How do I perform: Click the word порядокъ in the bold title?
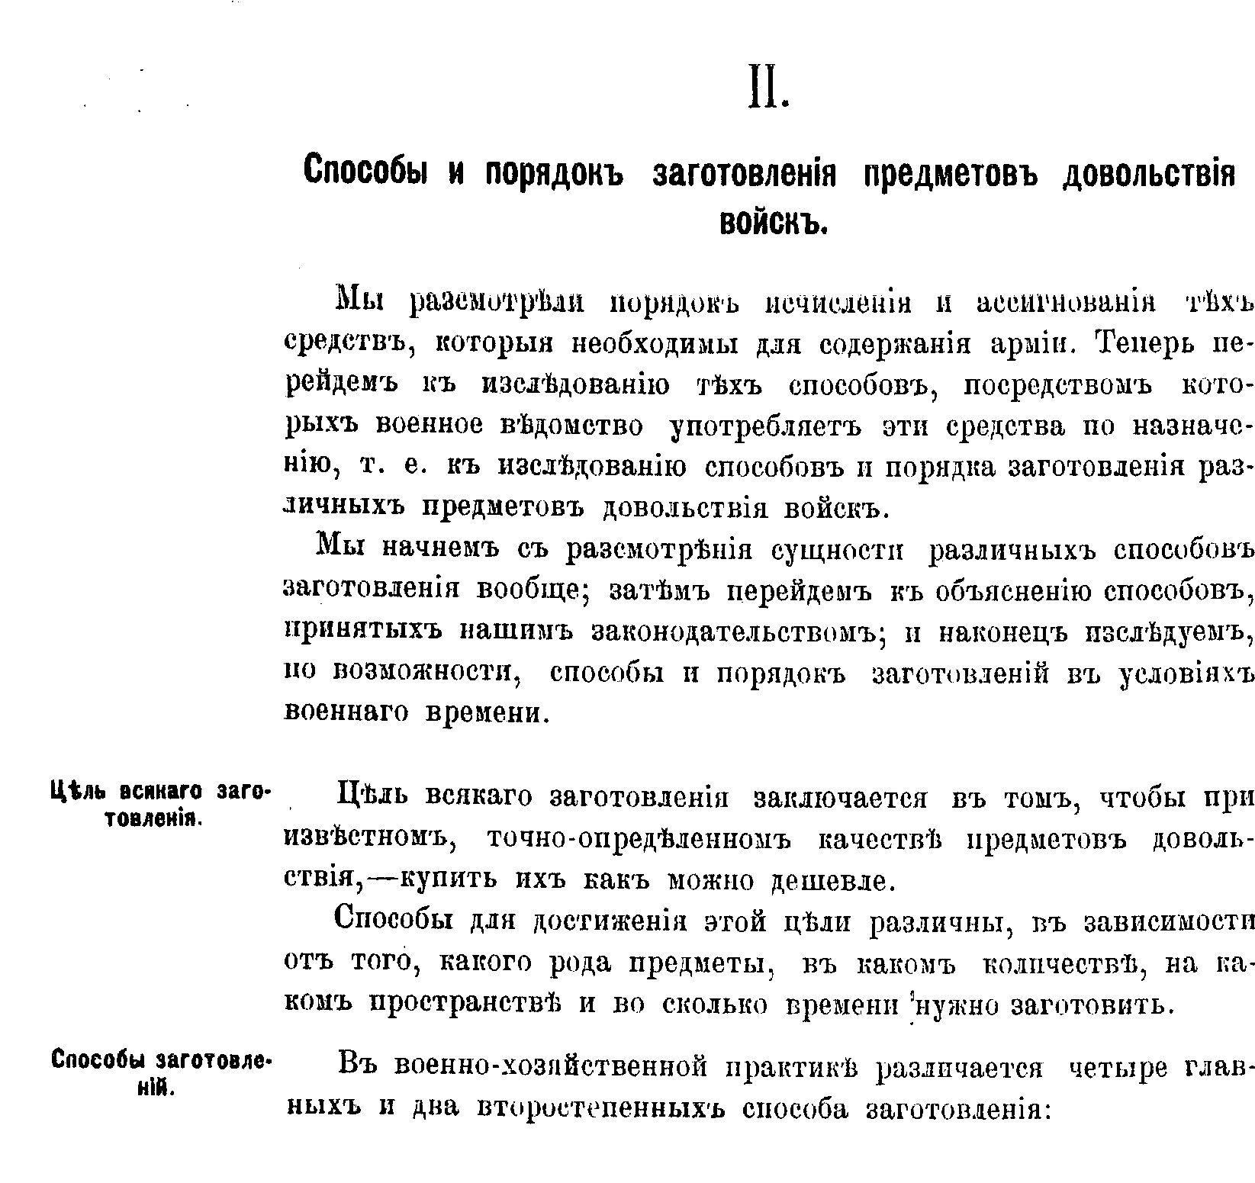coord(555,172)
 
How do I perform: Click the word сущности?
coord(838,550)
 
